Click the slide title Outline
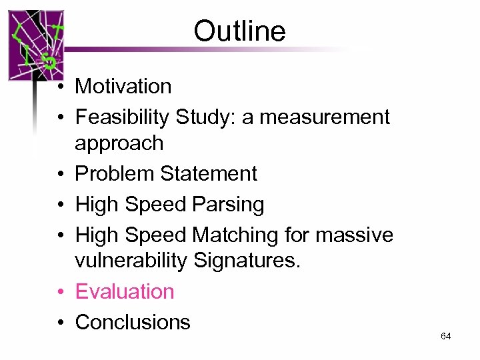pos(239,31)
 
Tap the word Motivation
pos(123,86)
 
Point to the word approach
pos(119,143)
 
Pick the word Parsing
pos(228,204)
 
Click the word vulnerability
pos(131,261)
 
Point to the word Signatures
pos(247,261)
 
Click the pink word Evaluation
pos(125,291)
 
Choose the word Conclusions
pos(133,322)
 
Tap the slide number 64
pos(446,336)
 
